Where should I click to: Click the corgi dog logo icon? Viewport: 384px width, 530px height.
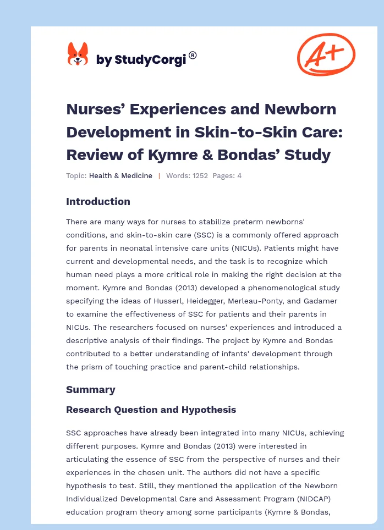(x=78, y=54)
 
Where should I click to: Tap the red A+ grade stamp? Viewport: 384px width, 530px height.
(x=326, y=54)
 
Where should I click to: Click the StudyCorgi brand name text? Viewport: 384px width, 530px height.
(x=141, y=60)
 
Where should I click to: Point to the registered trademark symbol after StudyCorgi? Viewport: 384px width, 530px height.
(x=193, y=55)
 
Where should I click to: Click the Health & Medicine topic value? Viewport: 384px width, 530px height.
(x=120, y=176)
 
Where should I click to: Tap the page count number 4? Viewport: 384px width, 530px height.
(x=239, y=176)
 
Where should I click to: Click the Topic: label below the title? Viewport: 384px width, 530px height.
(x=76, y=176)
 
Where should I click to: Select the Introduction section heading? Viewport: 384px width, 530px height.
(x=98, y=202)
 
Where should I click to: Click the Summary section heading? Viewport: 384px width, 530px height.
(x=90, y=390)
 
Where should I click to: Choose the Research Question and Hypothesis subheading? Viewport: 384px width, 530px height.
(x=151, y=410)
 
